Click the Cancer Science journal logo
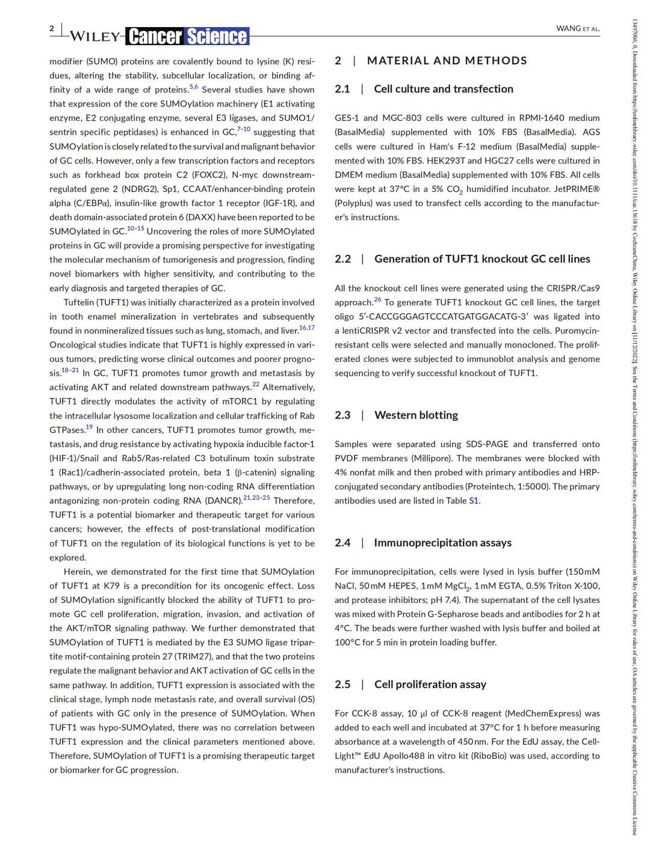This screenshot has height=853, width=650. [187, 36]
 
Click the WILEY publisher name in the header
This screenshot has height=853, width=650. [94, 37]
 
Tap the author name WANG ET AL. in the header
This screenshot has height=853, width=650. [578, 28]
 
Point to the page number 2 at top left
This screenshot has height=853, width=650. [52, 28]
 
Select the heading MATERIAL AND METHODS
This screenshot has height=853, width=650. [447, 61]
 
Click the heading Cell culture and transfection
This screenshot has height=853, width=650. [444, 89]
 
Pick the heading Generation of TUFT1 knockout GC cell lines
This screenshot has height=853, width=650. [482, 259]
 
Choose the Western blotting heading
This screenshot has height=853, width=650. [416, 415]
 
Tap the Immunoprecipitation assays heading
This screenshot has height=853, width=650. [442, 543]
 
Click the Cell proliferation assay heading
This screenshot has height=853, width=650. [430, 685]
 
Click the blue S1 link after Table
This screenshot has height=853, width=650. [474, 501]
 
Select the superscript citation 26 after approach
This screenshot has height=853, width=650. [377, 299]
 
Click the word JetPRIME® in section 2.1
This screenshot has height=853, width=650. [575, 189]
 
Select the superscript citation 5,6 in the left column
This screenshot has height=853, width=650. [193, 87]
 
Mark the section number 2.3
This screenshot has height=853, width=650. [342, 415]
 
